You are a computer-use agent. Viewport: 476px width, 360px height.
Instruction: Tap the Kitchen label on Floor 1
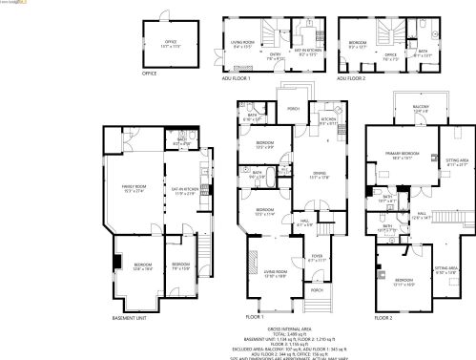point(327,121)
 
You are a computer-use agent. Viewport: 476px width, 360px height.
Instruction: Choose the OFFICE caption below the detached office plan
point(149,73)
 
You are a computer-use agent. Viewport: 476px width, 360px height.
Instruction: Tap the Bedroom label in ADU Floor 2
point(358,42)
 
